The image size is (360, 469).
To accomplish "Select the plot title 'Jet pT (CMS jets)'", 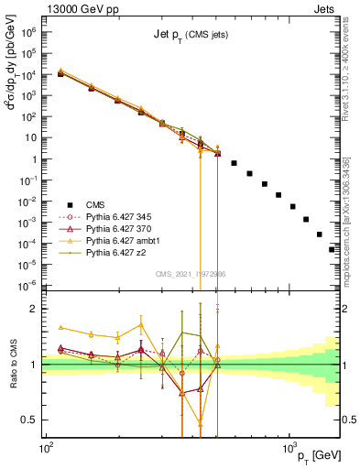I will point(191,35).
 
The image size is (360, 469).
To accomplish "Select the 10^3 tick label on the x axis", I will point(289,442).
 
